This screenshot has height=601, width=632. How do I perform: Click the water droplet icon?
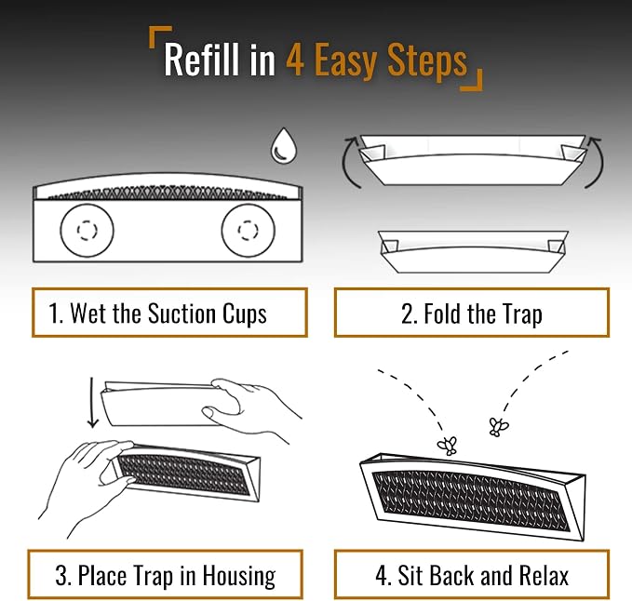pos(284,147)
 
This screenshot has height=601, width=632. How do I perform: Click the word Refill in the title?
pos(200,60)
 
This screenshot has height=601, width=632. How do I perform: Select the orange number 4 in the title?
pos(295,60)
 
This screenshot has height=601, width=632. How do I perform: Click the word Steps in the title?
pos(427,62)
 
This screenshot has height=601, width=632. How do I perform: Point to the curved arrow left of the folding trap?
pos(346,163)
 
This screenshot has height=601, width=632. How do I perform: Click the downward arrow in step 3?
pos(92,403)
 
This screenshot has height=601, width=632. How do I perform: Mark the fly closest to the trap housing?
pos(448,445)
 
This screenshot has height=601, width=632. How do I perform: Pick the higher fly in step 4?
pos(499,427)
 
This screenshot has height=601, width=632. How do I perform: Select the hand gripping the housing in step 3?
pos(87,484)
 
